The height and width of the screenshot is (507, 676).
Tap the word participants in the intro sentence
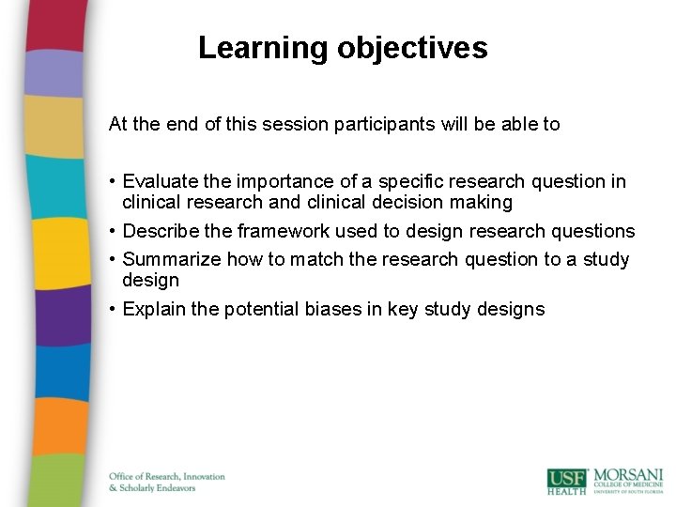click(x=379, y=124)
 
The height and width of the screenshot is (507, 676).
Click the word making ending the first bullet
click(x=484, y=203)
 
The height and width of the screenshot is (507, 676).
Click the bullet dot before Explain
click(x=113, y=309)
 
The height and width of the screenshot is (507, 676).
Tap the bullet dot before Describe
click(x=113, y=231)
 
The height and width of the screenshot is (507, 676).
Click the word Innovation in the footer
click(x=201, y=477)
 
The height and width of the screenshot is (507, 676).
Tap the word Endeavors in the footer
click(x=176, y=488)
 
